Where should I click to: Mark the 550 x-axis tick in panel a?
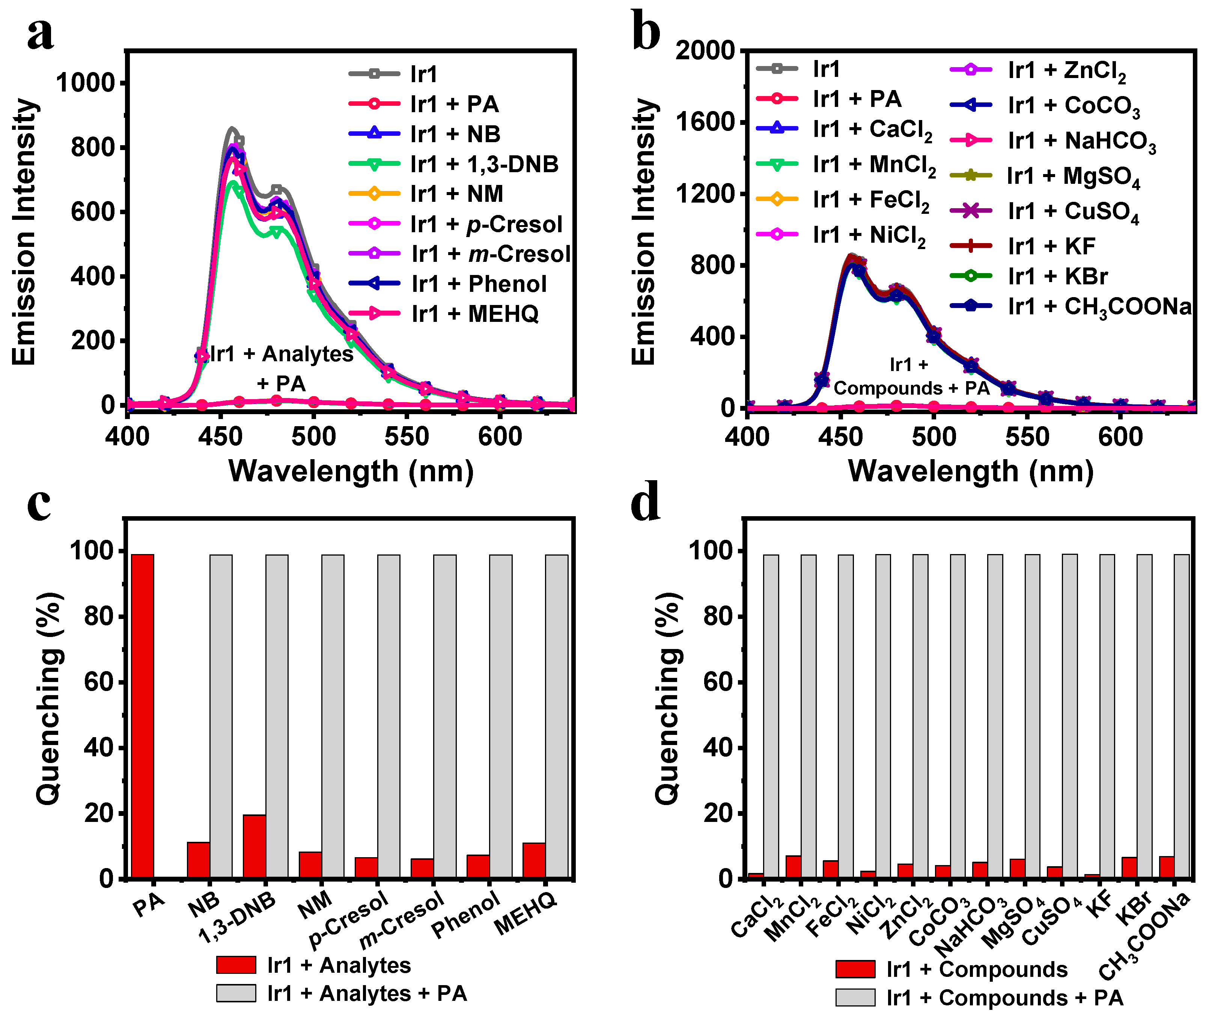(407, 436)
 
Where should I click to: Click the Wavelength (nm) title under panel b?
(971, 471)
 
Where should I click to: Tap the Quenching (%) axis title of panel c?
(48, 697)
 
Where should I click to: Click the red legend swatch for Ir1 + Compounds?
(855, 969)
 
